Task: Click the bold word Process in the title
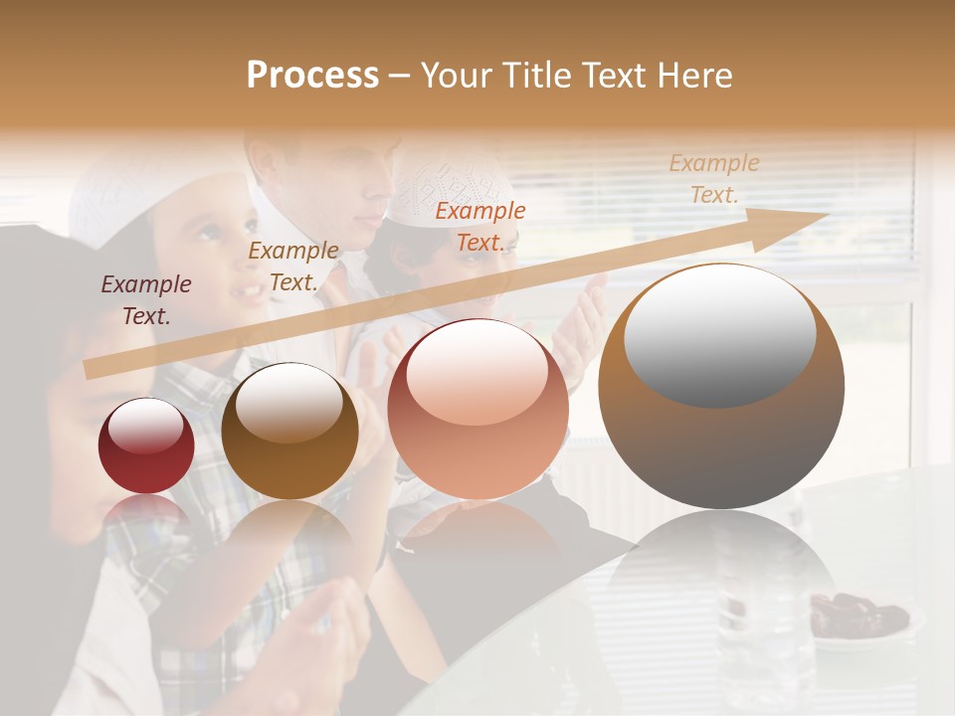(x=312, y=76)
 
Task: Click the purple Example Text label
(x=146, y=299)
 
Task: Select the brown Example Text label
(x=293, y=266)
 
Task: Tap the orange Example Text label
(x=480, y=226)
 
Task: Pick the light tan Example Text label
(x=714, y=178)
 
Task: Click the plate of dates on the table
(x=857, y=617)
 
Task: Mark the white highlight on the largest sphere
(x=719, y=334)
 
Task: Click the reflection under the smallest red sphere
(x=146, y=512)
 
